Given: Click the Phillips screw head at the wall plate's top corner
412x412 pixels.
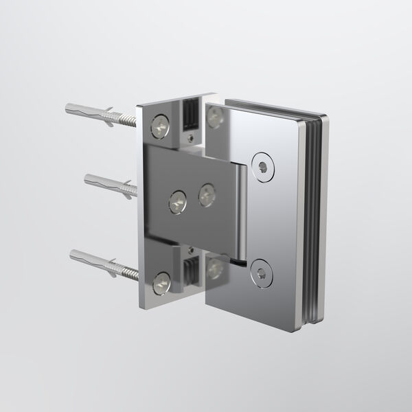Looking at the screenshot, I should (x=159, y=126).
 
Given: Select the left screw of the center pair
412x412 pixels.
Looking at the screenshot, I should (x=177, y=201).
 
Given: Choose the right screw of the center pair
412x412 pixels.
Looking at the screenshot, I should (x=207, y=194).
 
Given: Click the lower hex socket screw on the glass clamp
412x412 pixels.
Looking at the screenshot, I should (x=260, y=273).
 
